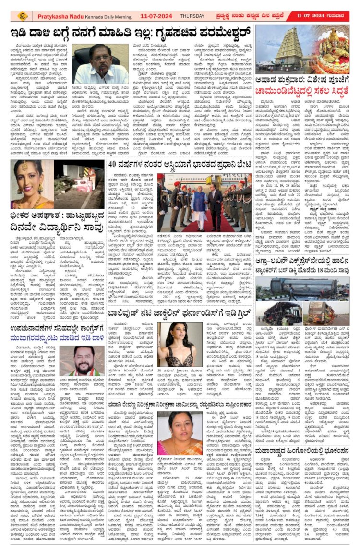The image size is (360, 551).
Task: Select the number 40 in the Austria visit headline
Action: pyautogui.click(x=114, y=164)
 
